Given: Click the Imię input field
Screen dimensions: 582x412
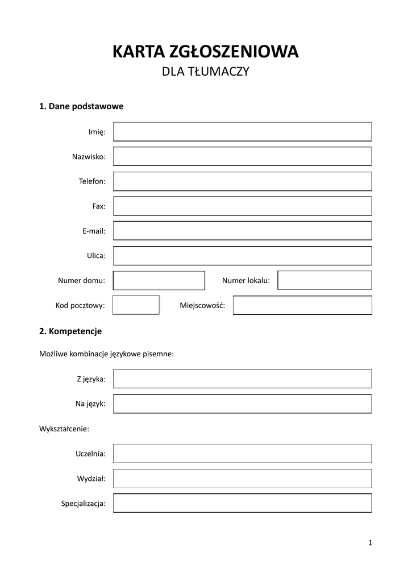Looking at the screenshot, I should click(242, 131).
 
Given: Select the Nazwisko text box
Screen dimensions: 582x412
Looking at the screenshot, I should click(242, 156).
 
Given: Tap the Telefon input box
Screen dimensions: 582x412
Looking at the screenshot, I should click(242, 181).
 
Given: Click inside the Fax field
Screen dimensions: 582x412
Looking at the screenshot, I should click(242, 206).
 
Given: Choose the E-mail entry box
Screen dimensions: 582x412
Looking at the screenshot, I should click(242, 231).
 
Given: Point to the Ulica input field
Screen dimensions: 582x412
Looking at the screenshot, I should click(242, 256).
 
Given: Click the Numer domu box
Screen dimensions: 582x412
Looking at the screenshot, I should click(159, 280).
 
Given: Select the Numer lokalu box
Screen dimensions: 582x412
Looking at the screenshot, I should click(324, 280).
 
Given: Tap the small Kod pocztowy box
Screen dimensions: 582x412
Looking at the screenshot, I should click(136, 305).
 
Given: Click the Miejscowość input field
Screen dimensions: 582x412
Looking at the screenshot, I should click(302, 305).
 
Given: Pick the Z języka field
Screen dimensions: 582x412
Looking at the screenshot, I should click(242, 379).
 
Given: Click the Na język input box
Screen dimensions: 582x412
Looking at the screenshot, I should click(242, 404).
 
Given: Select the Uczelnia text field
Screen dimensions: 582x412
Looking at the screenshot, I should click(242, 454).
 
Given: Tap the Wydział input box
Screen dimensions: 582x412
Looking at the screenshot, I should click(242, 479).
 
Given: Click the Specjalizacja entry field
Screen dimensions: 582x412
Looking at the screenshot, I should click(242, 503).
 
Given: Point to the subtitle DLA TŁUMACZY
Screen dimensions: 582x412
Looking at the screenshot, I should click(206, 72).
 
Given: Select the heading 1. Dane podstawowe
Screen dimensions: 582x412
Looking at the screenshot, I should click(81, 106).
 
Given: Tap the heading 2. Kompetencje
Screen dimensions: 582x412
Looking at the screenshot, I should click(70, 330).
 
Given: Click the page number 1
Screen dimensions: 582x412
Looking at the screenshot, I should click(370, 543).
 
